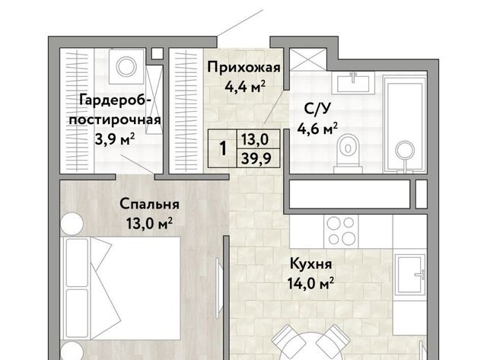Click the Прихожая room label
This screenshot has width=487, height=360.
tap(243, 68)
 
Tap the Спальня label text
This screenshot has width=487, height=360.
tap(149, 205)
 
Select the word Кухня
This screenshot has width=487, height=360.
tap(311, 264)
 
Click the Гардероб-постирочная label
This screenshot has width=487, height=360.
tap(115, 110)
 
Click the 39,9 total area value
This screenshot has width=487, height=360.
tap(256, 159)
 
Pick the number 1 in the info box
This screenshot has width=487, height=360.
tap(223, 148)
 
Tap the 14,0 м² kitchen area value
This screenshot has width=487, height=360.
tap(310, 283)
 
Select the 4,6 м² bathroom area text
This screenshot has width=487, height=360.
tap(317, 129)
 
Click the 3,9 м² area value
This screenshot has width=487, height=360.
tap(115, 139)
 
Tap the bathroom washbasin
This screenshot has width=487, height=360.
tap(353, 83)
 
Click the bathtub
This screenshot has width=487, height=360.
tap(405, 123)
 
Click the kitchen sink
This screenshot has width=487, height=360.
tap(409, 274)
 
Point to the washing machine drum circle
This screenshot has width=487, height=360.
tap(126, 66)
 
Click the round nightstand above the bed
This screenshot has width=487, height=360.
tap(72, 224)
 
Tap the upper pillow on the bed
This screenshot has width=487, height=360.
tap(77, 263)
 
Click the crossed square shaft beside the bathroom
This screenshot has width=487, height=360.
tap(307, 59)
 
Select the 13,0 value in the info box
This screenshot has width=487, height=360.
tap(255, 139)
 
